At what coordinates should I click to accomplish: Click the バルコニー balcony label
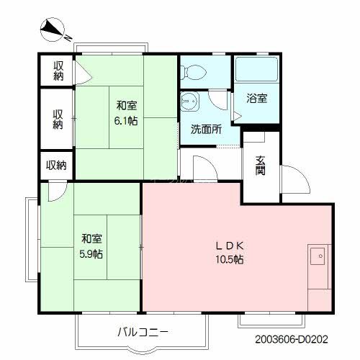coord(141,333)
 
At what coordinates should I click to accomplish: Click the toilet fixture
coord(192,71)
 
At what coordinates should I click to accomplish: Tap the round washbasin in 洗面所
coord(191,102)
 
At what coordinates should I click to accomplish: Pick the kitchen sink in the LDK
coord(318,255)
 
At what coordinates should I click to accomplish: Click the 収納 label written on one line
coord(56,165)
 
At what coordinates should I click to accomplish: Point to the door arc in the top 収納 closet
coord(81,72)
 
